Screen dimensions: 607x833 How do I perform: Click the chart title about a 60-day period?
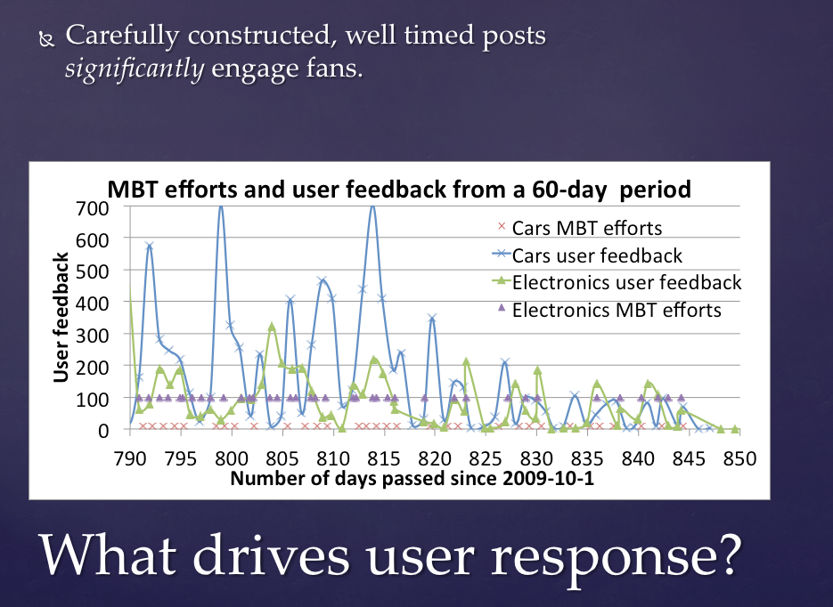click(x=399, y=190)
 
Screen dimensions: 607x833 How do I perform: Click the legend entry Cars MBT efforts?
click(x=586, y=228)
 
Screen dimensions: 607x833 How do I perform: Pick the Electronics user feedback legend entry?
click(x=626, y=283)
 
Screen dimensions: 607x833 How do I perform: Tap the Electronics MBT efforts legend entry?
click(x=617, y=311)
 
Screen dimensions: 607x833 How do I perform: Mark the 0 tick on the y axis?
click(x=103, y=430)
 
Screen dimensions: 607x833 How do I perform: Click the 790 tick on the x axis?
click(x=130, y=458)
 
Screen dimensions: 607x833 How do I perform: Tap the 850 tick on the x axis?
click(x=739, y=458)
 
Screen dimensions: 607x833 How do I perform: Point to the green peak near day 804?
click(x=272, y=327)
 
